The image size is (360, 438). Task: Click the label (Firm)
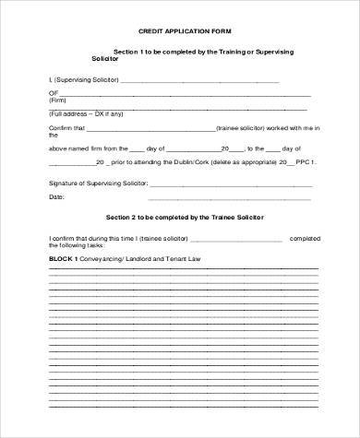click(x=59, y=101)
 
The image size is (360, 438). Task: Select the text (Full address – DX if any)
click(x=86, y=114)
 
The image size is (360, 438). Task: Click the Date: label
click(x=56, y=197)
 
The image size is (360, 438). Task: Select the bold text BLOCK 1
click(x=64, y=260)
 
